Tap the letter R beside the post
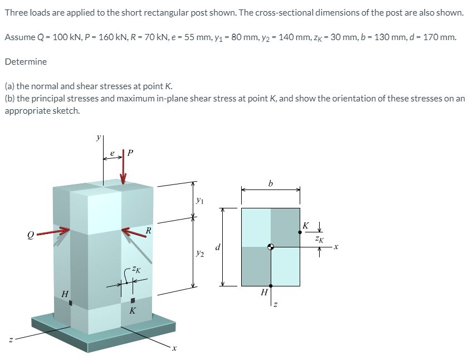[x=148, y=230]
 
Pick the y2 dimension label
[x=200, y=252]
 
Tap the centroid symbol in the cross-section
[x=271, y=247]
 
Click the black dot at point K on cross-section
[x=300, y=232]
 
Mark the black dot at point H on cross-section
[x=271, y=285]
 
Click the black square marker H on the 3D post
[x=71, y=303]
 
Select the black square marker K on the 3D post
[x=133, y=301]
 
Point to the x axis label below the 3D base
[x=174, y=349]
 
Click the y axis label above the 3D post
[x=99, y=136]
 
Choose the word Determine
[x=26, y=61]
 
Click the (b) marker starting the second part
[x=9, y=98]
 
